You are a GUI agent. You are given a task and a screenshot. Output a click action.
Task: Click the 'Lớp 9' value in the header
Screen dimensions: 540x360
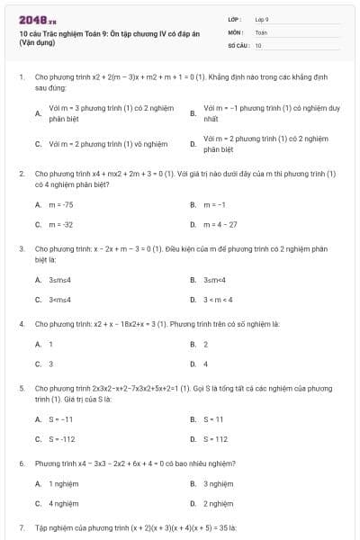[x=262, y=18]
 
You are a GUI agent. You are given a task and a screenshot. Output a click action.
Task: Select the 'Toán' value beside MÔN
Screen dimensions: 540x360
[x=261, y=31]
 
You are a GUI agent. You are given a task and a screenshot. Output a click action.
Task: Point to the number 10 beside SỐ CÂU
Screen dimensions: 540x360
[x=258, y=44]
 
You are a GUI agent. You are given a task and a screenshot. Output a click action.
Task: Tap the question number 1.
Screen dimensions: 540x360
[x=21, y=77]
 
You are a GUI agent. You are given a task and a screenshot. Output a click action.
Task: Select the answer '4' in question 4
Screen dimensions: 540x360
[x=206, y=364]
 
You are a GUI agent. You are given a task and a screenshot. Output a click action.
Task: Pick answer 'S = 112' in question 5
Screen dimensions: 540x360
[x=216, y=439]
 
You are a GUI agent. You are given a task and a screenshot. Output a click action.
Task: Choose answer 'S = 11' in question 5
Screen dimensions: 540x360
[x=214, y=419]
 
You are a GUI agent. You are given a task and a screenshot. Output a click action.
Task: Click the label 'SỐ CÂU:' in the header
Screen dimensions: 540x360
[x=238, y=44]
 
